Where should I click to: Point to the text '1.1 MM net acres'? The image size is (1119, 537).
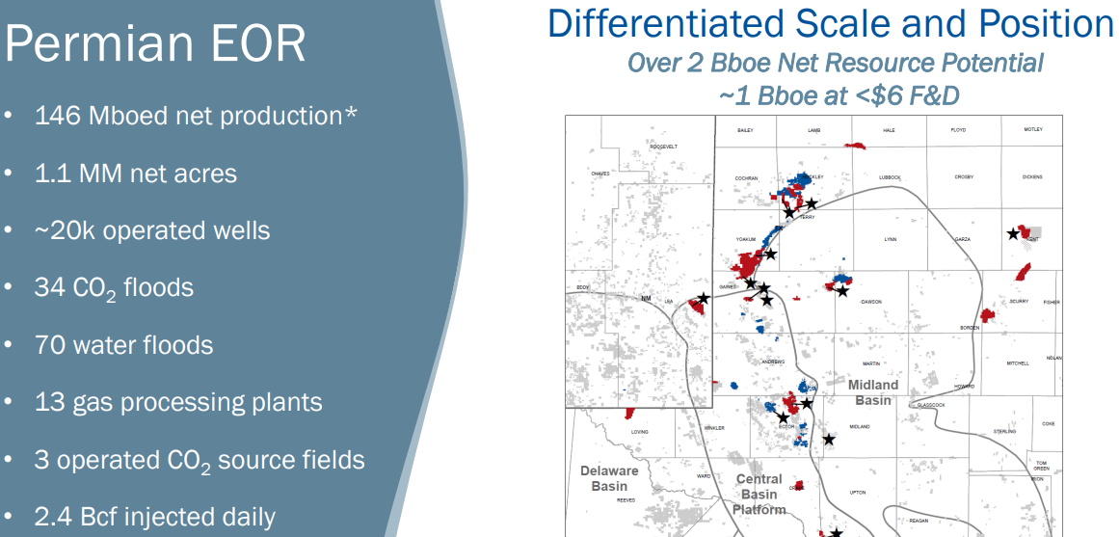[135, 174]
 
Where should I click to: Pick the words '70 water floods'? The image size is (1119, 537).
[123, 344]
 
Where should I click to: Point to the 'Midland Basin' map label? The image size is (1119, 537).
[873, 391]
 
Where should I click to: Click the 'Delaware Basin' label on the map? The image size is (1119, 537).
[609, 478]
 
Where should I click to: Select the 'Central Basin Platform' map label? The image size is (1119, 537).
[759, 494]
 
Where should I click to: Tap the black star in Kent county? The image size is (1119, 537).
[1012, 233]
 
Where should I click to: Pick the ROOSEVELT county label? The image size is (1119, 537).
[664, 147]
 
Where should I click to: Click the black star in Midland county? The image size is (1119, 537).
[829, 440]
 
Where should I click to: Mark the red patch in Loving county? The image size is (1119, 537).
[628, 413]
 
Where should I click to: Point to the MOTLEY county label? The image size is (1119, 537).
[1032, 129]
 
